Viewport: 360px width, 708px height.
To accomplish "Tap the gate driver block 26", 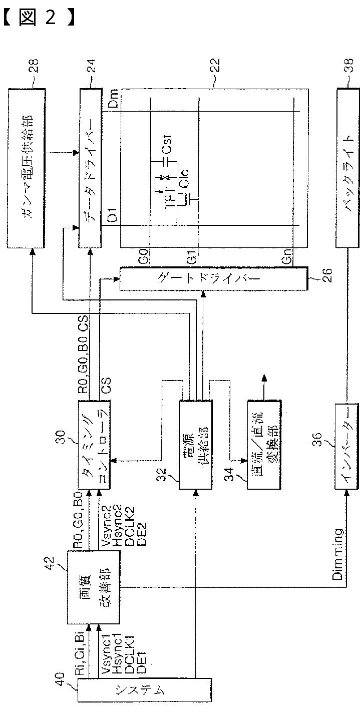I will click(213, 278).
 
